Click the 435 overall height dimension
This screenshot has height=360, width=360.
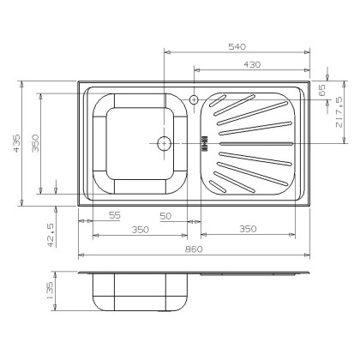11,143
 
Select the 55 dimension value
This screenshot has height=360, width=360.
114,216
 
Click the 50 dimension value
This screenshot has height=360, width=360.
166,216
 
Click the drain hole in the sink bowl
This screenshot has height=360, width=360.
163,142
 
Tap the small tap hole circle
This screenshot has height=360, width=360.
195,99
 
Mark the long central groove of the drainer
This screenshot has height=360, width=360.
253,142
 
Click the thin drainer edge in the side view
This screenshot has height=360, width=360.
249,275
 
